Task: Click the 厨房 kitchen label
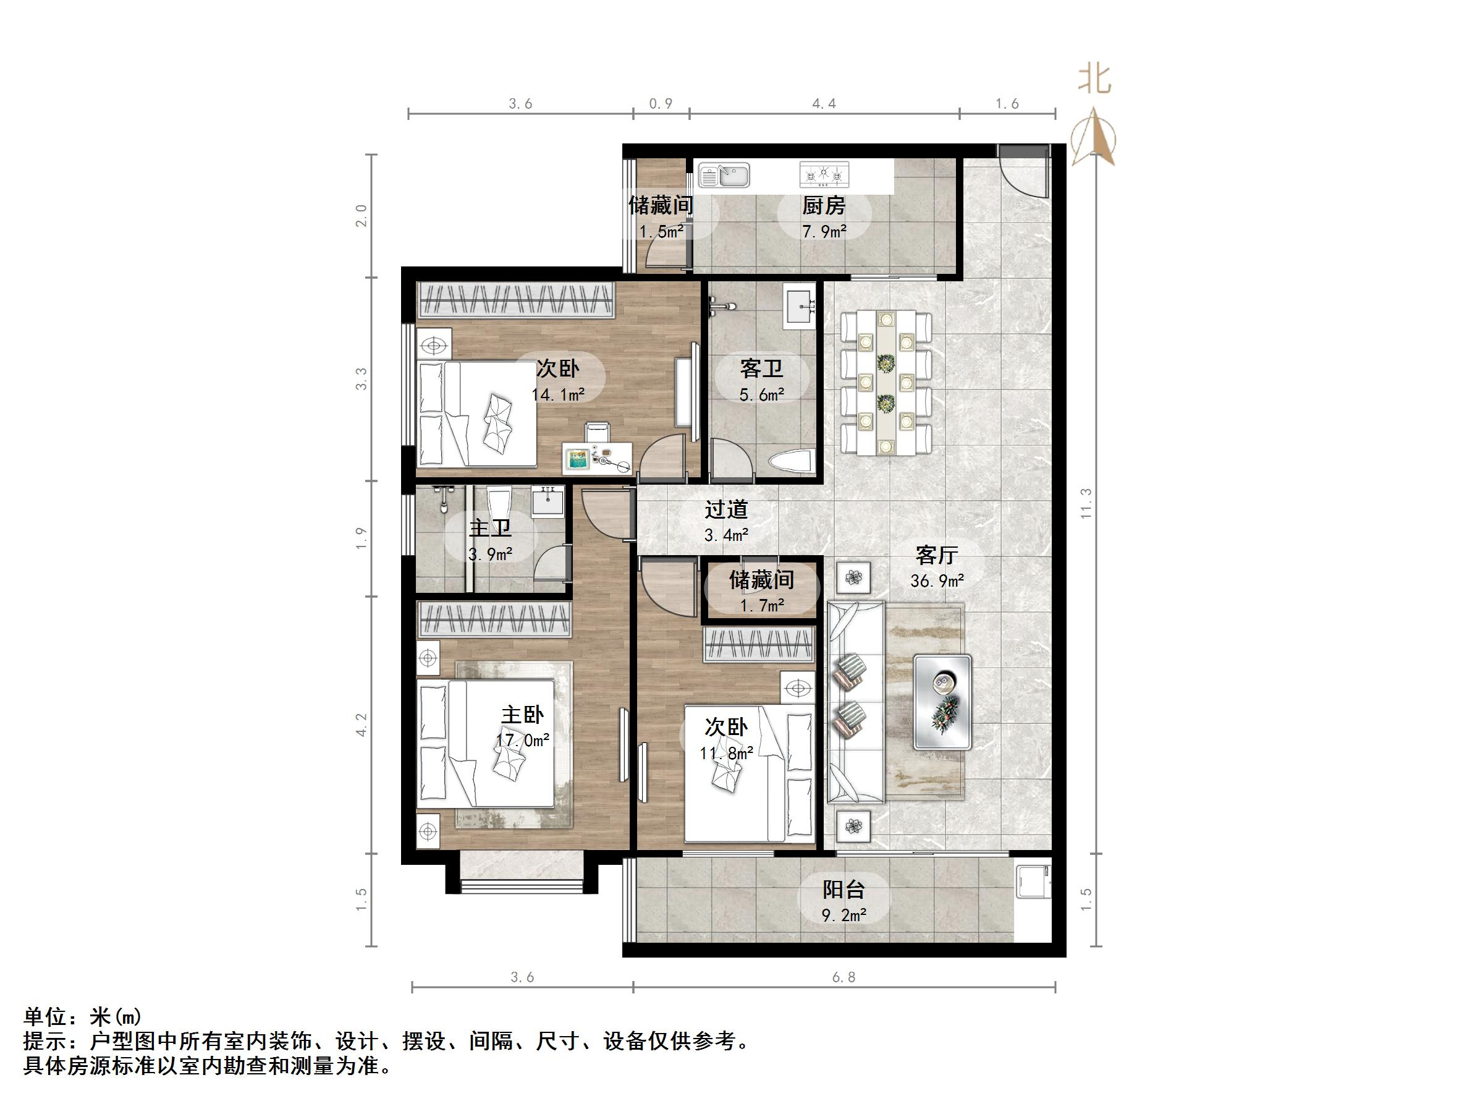click(x=824, y=206)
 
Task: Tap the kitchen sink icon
click(x=724, y=176)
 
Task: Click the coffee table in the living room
click(x=942, y=702)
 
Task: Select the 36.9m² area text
click(x=936, y=581)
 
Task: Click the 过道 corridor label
click(x=726, y=509)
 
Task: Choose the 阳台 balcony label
click(x=843, y=890)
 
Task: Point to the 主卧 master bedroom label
click(x=522, y=715)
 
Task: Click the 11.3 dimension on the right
click(x=1086, y=503)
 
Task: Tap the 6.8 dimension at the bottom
click(x=843, y=977)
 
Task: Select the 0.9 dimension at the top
click(x=661, y=103)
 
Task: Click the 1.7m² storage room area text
click(x=761, y=605)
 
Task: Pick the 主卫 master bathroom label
click(x=490, y=529)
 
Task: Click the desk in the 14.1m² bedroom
click(x=598, y=457)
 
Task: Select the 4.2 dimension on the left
click(x=361, y=725)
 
